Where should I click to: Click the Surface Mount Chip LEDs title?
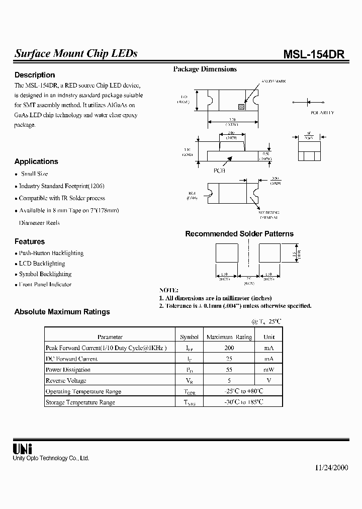76,54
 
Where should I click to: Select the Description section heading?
35,75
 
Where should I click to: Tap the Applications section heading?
36,161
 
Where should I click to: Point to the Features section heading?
30,241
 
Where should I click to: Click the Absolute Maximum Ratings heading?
62,312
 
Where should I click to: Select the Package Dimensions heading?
205,69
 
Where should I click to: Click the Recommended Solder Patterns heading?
239,234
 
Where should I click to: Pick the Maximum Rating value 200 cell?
229,348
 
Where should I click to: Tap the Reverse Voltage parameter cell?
66,381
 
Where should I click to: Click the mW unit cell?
269,370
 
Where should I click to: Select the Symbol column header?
189,337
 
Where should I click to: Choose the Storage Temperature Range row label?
80,402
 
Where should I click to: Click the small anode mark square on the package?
241,107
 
